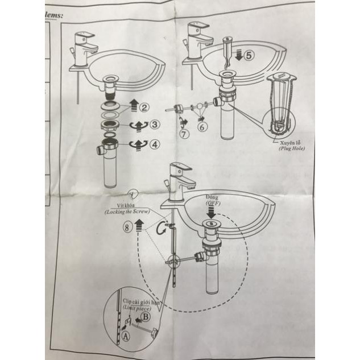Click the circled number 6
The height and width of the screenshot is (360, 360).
(x=202, y=128)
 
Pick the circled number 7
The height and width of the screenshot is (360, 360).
(x=184, y=134)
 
